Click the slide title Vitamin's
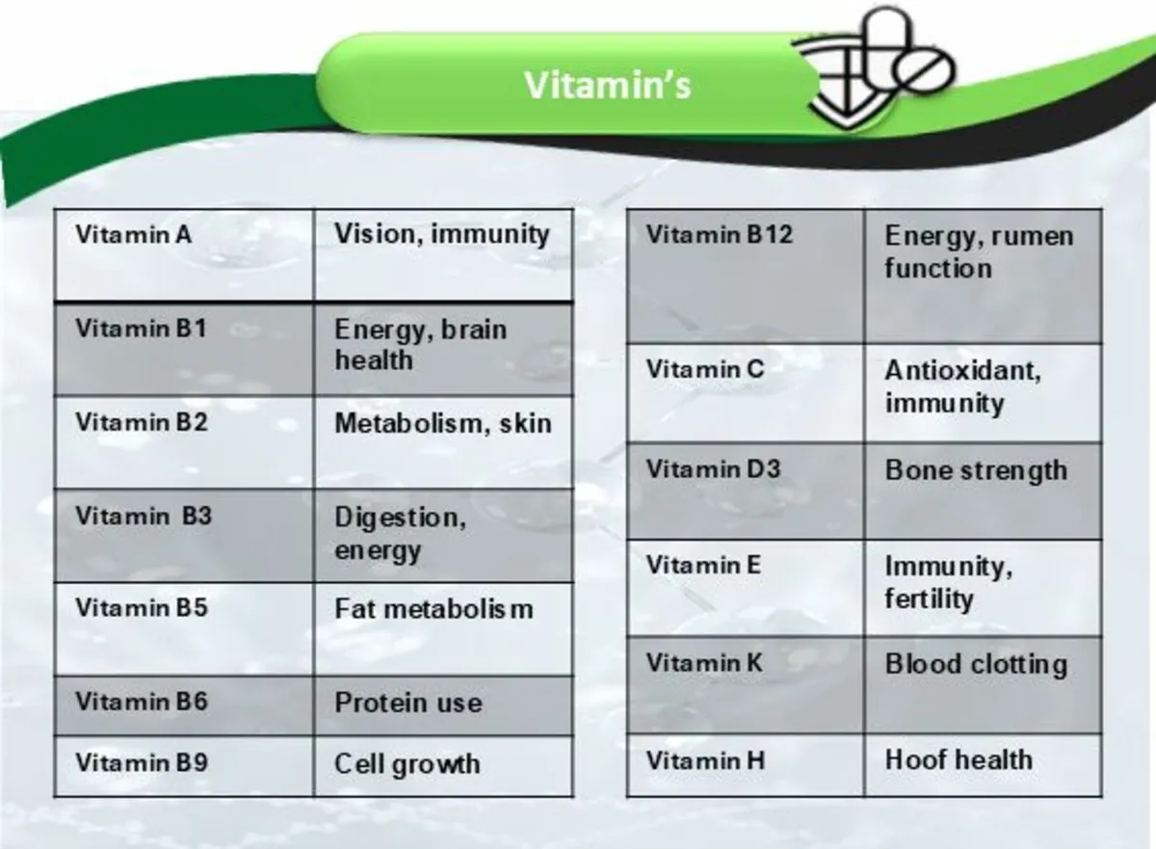click(x=607, y=85)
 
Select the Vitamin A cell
click(x=183, y=254)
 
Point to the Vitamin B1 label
click(x=141, y=329)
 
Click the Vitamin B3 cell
click(x=183, y=535)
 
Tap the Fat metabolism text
click(x=433, y=609)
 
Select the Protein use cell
click(x=443, y=705)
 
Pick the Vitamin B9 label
click(x=141, y=763)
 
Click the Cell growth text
click(x=407, y=764)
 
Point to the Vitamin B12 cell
click(x=745, y=276)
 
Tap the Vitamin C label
click(x=705, y=369)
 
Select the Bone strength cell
click(x=983, y=491)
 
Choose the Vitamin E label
click(x=703, y=565)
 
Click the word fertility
click(x=929, y=599)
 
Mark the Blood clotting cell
click(x=983, y=684)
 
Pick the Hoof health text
click(x=959, y=759)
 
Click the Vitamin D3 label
click(x=713, y=470)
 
